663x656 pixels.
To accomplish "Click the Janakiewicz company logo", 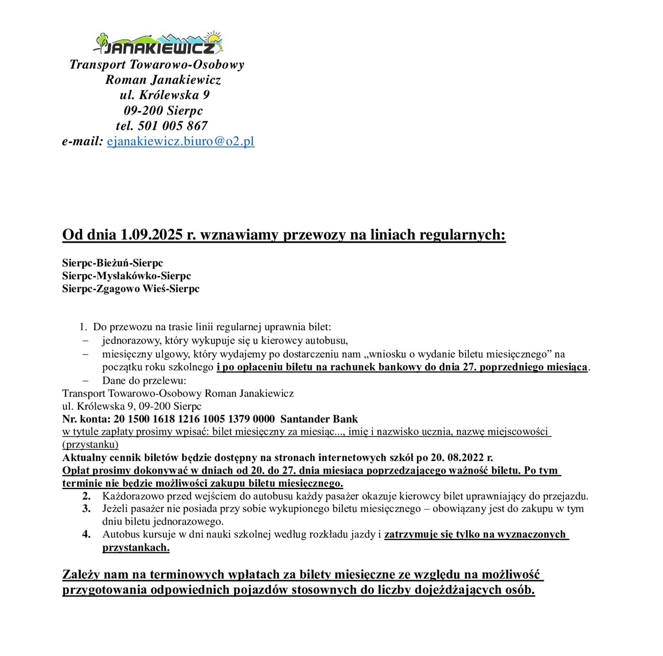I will [158, 44].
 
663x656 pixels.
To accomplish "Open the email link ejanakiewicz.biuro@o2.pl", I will [181, 141].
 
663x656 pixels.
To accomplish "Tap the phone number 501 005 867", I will [173, 126].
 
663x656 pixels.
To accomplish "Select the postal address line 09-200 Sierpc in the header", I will [163, 111].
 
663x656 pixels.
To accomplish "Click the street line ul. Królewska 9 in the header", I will [165, 95].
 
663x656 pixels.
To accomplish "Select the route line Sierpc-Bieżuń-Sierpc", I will [112, 263].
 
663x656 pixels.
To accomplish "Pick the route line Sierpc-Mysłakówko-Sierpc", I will [126, 276].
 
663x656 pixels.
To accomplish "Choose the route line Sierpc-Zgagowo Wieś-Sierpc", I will [131, 288].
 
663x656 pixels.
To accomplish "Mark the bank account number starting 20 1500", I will [194, 419].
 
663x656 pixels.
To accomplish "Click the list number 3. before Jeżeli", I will [86, 509].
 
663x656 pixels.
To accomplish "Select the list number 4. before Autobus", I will [86, 534].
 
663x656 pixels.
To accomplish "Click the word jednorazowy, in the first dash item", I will [130, 341].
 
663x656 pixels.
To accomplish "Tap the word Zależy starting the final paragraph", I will [81, 575].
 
